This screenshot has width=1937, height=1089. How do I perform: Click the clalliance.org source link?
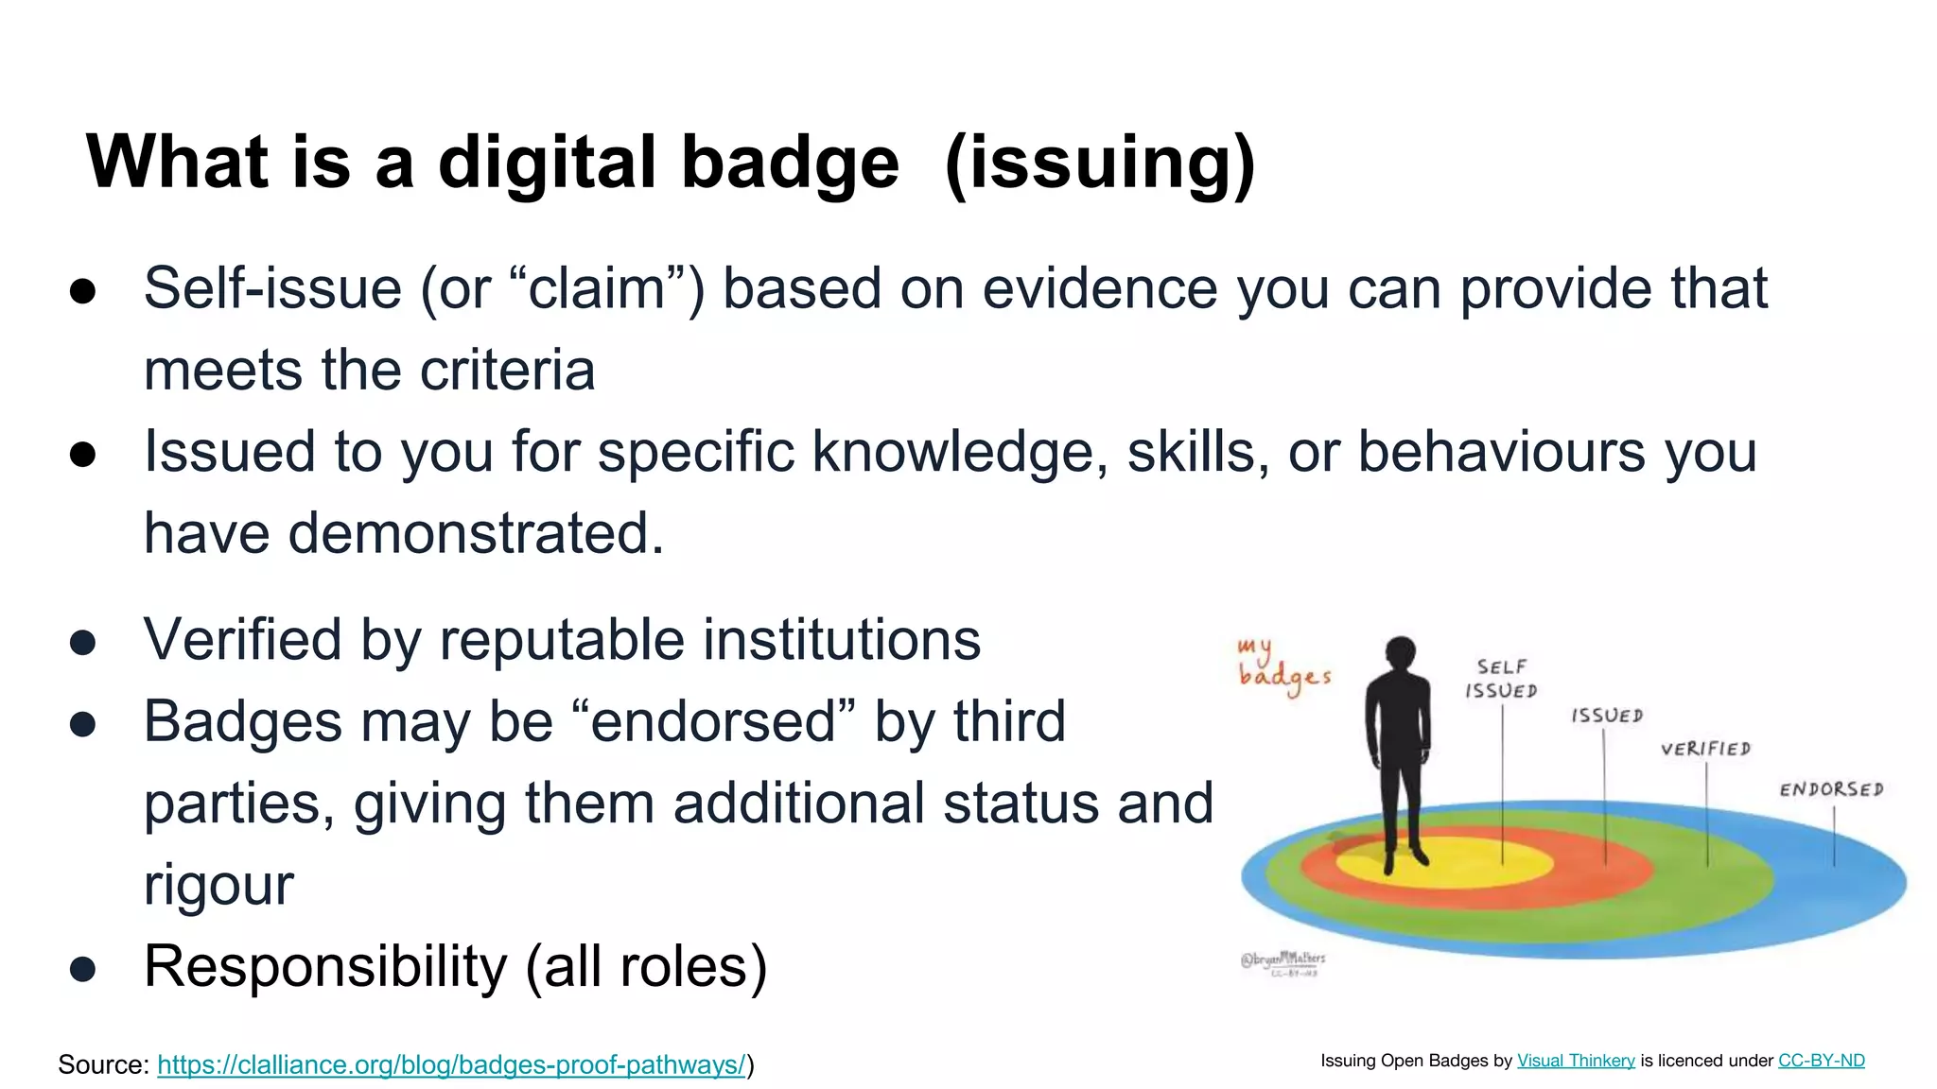pos(451,1064)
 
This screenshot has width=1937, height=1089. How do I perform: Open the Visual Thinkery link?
pos(1576,1061)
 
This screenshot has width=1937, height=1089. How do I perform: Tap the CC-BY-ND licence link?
pos(1821,1061)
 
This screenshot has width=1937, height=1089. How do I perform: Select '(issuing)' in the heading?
pos(1100,164)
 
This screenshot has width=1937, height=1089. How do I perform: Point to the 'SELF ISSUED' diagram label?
pos(1501,679)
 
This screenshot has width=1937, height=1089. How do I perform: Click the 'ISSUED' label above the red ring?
pos(1607,716)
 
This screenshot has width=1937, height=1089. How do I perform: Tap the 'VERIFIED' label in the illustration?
pos(1705,749)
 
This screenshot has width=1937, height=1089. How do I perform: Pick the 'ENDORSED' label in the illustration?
pos(1831,789)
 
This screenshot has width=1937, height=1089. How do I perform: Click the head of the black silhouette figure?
pos(1400,652)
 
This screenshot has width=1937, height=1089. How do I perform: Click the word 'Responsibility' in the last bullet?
pos(325,966)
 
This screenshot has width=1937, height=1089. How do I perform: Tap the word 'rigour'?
pos(218,885)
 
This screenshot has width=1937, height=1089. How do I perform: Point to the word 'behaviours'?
pos(1502,451)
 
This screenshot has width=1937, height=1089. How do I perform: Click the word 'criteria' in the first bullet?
pos(507,370)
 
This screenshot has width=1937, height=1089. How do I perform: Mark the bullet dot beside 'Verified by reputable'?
pos(82,643)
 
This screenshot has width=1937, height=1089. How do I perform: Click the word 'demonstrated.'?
pos(476,533)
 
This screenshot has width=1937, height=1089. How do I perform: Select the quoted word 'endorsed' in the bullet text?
pos(713,721)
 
